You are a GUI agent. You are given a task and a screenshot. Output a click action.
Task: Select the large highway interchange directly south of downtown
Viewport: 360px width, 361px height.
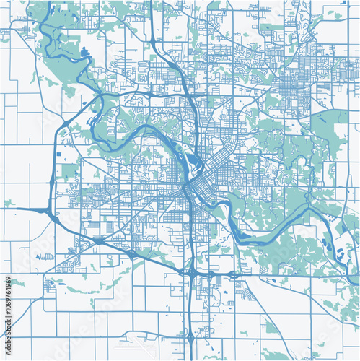(193, 272)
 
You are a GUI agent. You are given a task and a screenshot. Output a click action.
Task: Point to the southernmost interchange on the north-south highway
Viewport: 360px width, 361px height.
(189, 336)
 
